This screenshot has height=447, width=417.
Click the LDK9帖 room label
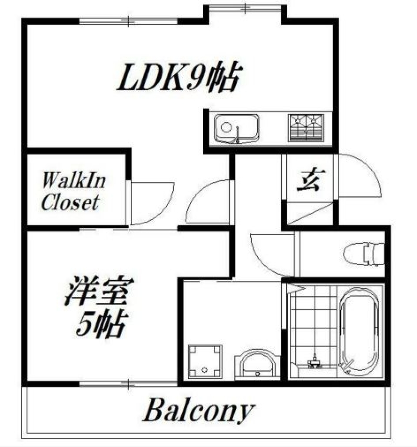178,78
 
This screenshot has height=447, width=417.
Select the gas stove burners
306,128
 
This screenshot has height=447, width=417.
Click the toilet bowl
363,254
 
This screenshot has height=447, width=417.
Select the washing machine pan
205,362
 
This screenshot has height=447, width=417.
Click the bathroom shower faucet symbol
314,361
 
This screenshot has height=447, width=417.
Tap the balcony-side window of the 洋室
128,383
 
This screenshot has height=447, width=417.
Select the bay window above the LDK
245,8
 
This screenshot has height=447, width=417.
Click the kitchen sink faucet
238,135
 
